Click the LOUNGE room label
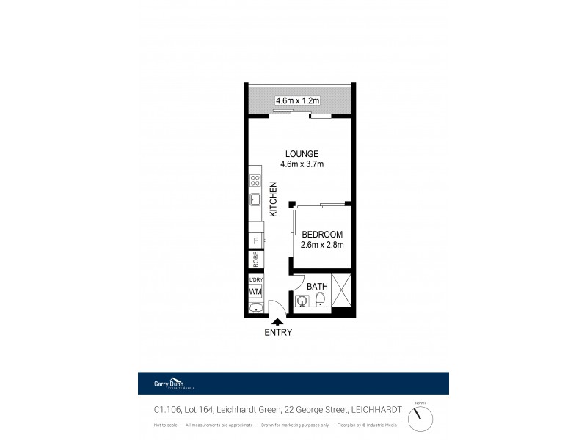coord(302,153)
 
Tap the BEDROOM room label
coord(322,234)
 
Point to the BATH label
coord(317,286)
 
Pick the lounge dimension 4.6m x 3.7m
coord(302,164)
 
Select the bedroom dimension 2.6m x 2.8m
coord(322,245)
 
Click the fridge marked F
coord(255,241)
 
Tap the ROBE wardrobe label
coord(256,259)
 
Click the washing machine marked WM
coord(255,292)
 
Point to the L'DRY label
coord(255,280)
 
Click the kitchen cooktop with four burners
coord(255,179)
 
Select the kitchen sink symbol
coord(255,199)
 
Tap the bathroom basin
coord(302,301)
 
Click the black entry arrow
coord(277,320)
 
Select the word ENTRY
coord(278,332)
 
